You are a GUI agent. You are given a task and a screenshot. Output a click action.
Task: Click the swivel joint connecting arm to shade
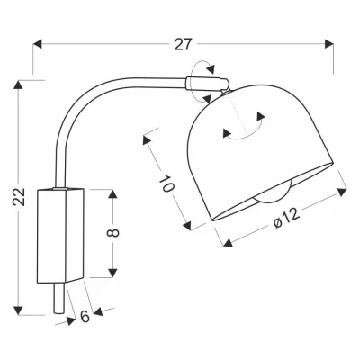(209, 83)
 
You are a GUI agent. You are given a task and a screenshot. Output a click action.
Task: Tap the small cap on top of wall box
(61, 188)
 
